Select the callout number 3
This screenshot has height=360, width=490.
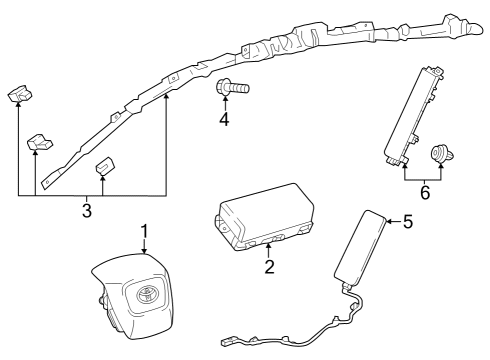87,211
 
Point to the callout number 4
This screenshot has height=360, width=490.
225,121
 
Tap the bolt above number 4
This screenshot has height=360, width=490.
231,89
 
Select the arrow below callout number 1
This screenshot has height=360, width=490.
145,250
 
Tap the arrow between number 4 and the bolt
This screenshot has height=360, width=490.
225,105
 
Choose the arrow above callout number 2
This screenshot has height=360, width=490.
269,250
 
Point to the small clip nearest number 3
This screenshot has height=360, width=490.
104,168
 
